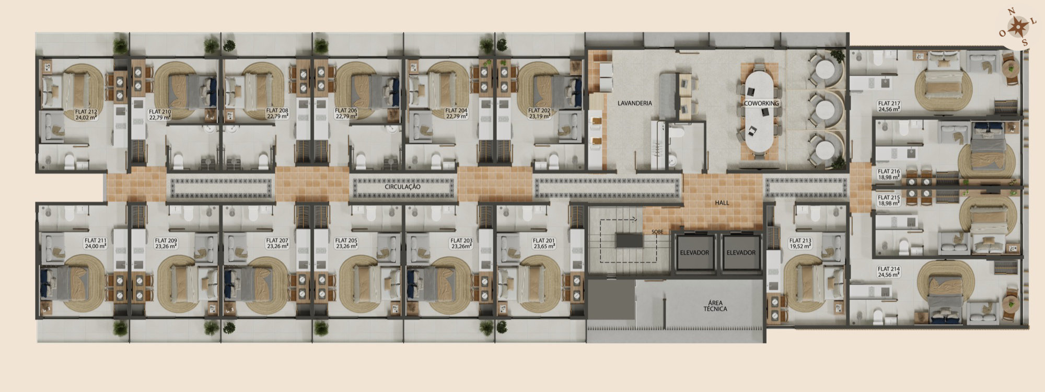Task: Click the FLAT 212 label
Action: (86, 114)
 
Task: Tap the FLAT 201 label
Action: (543, 244)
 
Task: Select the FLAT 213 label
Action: (800, 244)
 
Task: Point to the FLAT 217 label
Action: (889, 107)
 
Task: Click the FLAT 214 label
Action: (889, 272)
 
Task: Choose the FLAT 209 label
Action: (166, 244)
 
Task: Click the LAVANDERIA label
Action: (635, 103)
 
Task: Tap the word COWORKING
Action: (761, 103)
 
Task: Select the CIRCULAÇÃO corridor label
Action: (402, 187)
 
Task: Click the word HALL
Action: (722, 203)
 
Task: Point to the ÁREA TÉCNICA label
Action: (715, 306)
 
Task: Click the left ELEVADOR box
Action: (694, 252)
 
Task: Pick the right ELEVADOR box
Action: (741, 252)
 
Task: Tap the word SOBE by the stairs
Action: (657, 232)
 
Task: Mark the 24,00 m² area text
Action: (96, 246)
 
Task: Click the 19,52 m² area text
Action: (800, 246)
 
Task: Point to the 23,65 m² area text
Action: (543, 246)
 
